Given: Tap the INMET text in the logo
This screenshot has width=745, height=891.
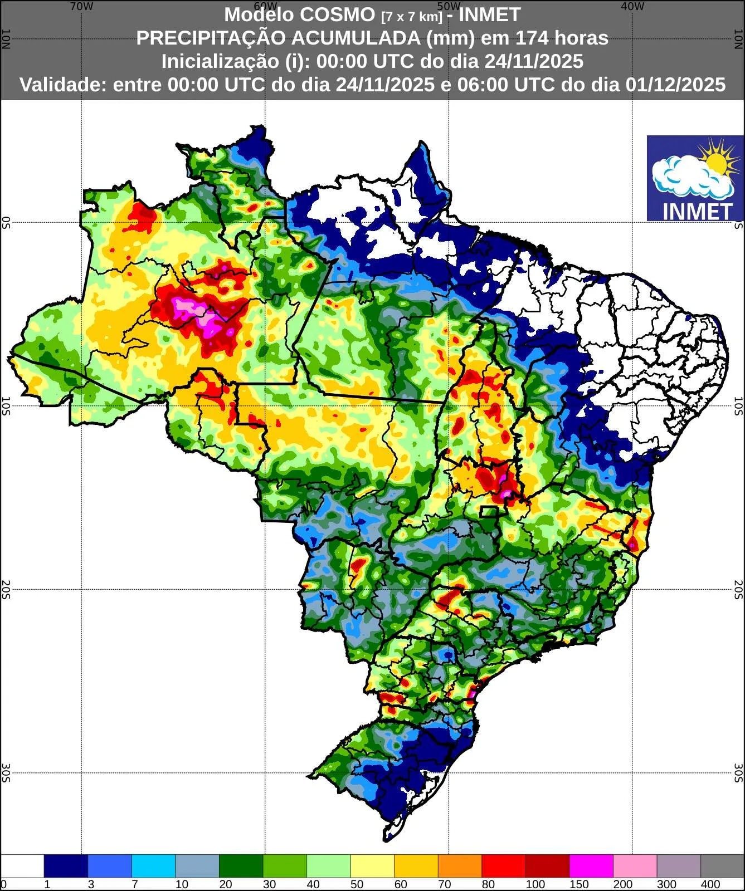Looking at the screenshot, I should pos(697,211).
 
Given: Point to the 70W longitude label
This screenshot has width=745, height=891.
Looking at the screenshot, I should pos(82,6).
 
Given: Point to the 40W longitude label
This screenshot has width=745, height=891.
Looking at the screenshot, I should pos(632,6).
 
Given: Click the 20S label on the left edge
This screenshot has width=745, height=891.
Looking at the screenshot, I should pos(6,589).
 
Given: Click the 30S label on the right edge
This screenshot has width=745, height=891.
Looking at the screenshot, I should pos(738,772).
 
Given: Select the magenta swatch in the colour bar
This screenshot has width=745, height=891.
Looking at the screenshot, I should pos(591,866).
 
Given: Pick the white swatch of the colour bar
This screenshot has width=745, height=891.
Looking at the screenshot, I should pos(22,866).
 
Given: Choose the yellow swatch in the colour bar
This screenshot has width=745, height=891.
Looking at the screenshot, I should pos(372,866).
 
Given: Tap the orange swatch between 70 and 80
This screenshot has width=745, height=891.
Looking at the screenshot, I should pos(460,866).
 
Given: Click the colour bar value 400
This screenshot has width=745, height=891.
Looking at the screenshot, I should pos(710,884).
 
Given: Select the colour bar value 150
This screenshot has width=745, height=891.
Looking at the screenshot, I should pos(579,884).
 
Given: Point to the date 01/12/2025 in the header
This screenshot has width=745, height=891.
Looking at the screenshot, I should pos(675,85).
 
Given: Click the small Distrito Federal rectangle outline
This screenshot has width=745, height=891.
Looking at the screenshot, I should pos(489,512).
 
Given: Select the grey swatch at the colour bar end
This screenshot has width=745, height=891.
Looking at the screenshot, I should pos(722,866).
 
